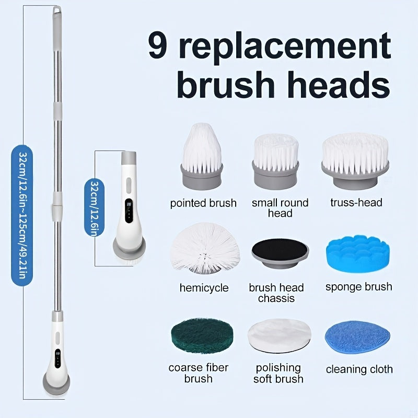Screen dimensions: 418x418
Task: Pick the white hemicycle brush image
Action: (205, 249)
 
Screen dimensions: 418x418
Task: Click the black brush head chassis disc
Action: (277, 253)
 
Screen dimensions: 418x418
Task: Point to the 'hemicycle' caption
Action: (204, 288)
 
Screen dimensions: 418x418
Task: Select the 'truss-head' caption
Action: (356, 203)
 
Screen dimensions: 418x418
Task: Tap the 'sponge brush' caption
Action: (358, 287)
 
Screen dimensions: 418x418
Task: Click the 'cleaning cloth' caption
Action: (359, 369)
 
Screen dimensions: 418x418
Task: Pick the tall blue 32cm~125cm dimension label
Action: (21, 214)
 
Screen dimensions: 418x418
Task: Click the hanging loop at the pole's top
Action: (56, 10)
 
